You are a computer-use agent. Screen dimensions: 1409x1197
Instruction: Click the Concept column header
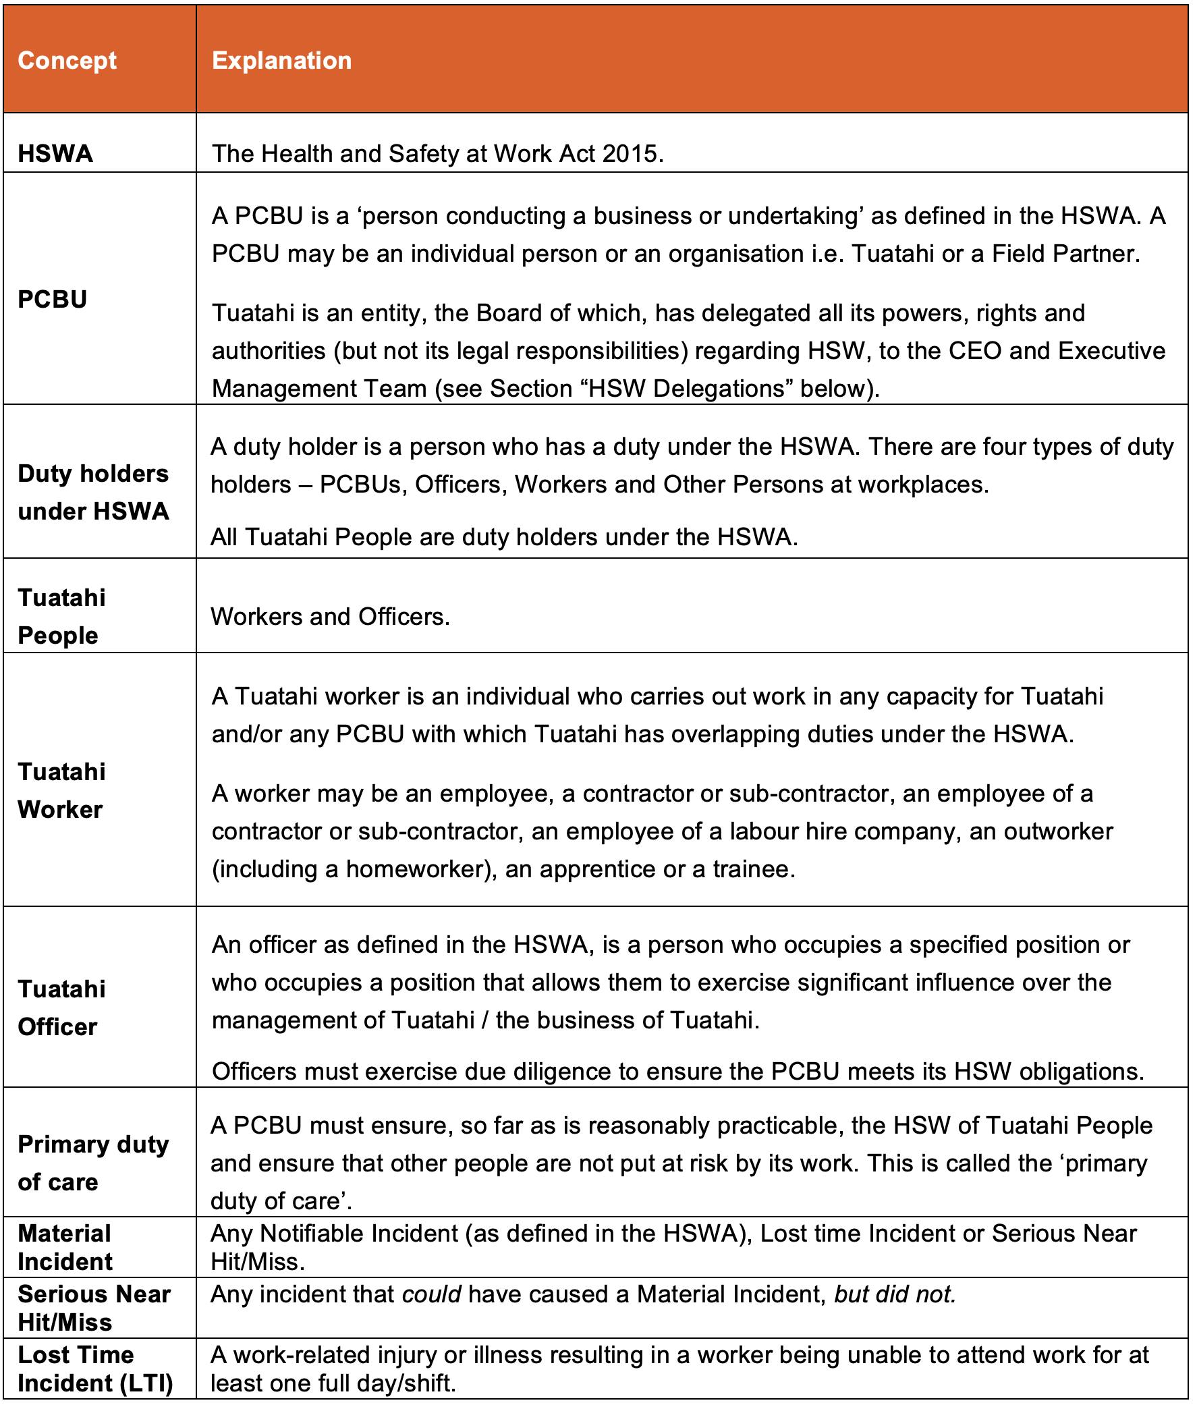pos(67,61)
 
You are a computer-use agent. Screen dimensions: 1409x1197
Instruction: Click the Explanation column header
pos(281,61)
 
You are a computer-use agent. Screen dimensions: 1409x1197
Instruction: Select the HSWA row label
pos(55,153)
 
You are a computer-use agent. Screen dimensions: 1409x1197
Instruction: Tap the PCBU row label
pos(52,300)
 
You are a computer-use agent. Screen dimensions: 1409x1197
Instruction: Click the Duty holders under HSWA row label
pos(93,492)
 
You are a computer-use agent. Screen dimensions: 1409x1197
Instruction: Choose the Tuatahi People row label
pos(61,616)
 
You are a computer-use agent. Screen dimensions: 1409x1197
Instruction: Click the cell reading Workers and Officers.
pos(330,616)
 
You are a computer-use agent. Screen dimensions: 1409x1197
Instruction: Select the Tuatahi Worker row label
pos(61,790)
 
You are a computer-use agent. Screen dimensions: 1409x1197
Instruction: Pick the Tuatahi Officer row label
pos(61,1008)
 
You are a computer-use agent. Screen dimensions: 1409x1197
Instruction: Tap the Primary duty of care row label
pos(93,1163)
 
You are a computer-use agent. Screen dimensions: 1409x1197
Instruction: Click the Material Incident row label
pos(65,1248)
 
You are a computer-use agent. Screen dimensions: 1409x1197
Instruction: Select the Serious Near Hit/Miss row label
pos(94,1308)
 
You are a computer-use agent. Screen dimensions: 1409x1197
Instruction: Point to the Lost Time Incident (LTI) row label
pos(95,1369)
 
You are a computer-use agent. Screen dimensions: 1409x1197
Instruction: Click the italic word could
pos(432,1294)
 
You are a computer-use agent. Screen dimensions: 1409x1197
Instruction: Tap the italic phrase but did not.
pos(894,1294)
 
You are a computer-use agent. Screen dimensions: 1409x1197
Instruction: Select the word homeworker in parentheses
pos(421,868)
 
